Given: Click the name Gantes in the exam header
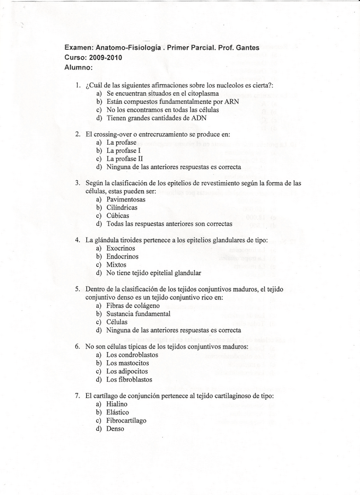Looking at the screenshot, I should click(x=247, y=48).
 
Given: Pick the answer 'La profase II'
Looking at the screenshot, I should click(x=124, y=158).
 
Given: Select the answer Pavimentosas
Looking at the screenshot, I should click(x=126, y=199).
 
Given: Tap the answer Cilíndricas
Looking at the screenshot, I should click(x=122, y=207).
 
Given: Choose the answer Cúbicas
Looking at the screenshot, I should click(x=118, y=215).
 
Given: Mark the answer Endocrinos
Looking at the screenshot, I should click(x=122, y=256).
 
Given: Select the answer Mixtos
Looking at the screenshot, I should click(x=116, y=264).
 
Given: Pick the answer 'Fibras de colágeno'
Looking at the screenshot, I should click(x=132, y=305).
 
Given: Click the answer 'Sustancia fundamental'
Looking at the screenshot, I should click(x=138, y=313).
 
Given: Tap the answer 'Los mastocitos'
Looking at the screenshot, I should click(x=128, y=362).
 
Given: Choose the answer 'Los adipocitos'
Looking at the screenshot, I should click(x=127, y=371).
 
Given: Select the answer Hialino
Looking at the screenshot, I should click(x=117, y=403).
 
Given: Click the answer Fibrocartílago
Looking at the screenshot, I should click(x=126, y=420).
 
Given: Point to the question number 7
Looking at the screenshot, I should click(x=77, y=395).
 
